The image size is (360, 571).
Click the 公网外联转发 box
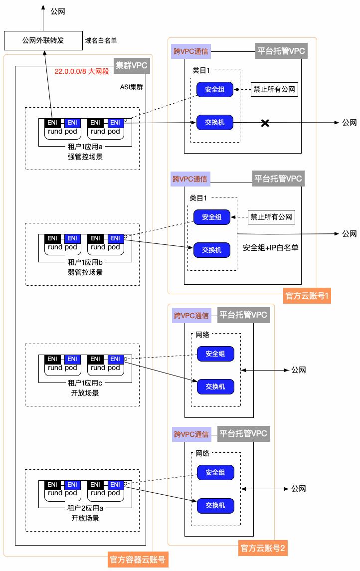[43, 40]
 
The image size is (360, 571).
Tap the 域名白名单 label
[100, 40]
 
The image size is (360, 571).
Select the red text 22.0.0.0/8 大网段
[82, 72]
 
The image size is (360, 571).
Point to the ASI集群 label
[132, 87]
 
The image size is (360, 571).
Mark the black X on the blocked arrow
[266, 123]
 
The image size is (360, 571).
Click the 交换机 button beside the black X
[214, 122]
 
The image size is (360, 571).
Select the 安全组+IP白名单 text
[270, 248]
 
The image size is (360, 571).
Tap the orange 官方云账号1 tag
[307, 296]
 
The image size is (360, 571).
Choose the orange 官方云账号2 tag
[263, 549]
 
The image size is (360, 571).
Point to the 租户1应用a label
[85, 147]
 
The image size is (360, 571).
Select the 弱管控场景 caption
[85, 272]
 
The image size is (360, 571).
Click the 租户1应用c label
[85, 383]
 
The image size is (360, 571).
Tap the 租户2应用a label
[85, 508]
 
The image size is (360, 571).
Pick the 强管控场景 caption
[85, 157]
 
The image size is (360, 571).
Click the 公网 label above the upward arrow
[58, 11]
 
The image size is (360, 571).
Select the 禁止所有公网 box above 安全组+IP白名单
[271, 217]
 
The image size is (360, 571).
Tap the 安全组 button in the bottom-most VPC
[215, 472]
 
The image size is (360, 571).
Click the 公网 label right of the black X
[349, 123]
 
